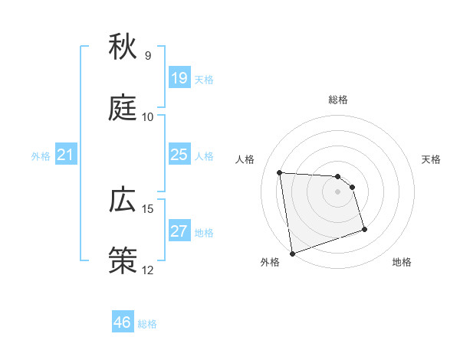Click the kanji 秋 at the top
123,47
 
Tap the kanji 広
123,201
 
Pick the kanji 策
123,261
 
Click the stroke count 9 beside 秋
148,56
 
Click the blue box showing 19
179,78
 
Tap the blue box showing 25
179,155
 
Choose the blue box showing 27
179,231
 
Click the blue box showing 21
66,155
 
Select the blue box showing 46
123,322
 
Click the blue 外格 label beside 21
41,156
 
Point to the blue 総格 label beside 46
147,324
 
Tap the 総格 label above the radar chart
338,100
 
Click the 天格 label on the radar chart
432,159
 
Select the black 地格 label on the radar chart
402,263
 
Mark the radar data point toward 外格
292,253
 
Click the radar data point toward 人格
280,172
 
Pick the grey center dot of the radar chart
338,191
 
